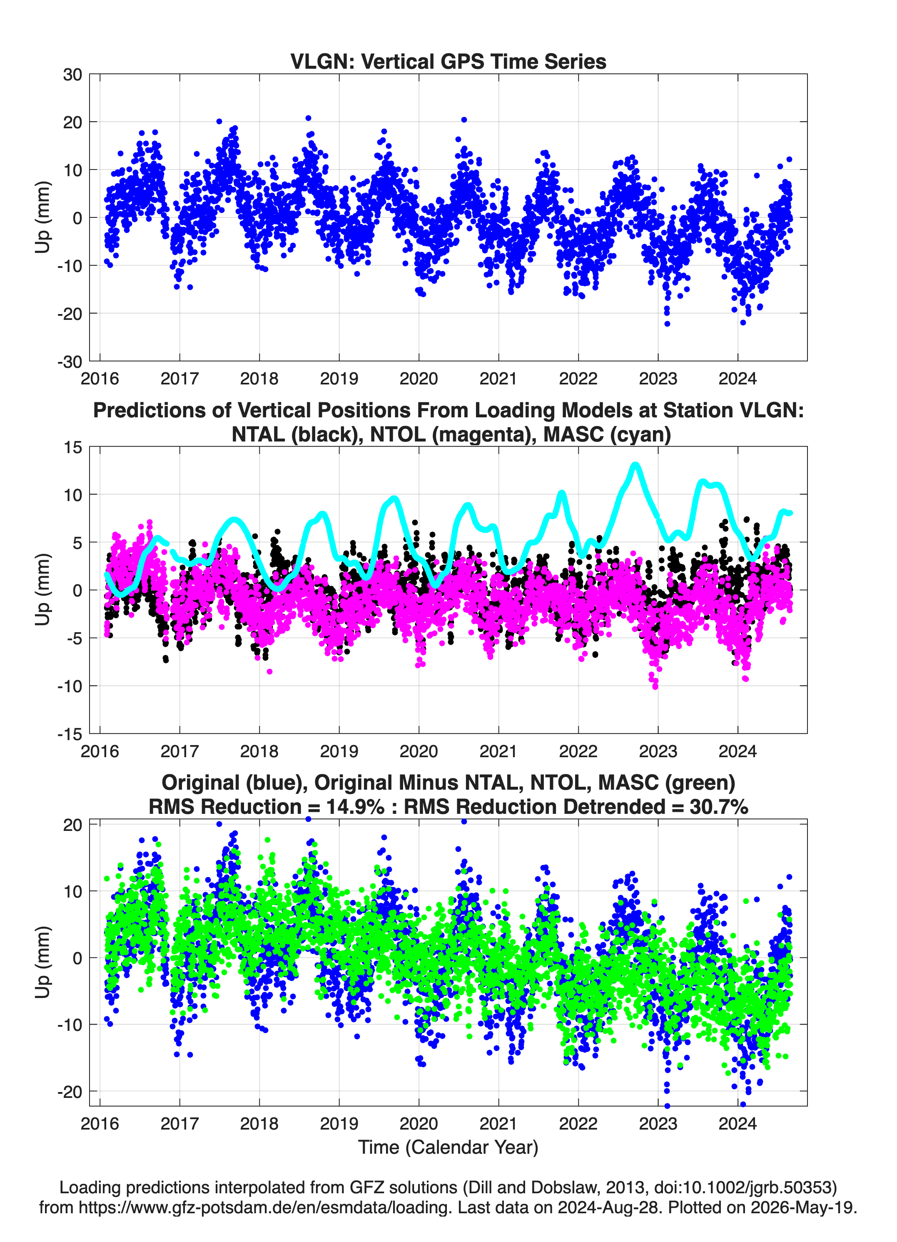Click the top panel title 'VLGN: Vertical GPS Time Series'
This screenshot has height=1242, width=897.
tap(448, 61)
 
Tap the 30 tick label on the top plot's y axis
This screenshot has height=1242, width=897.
tap(72, 75)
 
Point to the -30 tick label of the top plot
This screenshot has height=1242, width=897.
tap(70, 362)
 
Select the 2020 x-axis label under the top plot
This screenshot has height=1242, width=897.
tap(419, 379)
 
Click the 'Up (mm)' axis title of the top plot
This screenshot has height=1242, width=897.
tap(43, 217)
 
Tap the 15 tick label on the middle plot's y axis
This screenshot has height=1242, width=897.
tap(73, 447)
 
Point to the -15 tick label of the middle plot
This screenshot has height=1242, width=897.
tap(70, 734)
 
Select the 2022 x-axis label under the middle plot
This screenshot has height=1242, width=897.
tap(578, 751)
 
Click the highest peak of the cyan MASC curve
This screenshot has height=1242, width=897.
tap(635, 465)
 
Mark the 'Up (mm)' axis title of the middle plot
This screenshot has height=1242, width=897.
tap(43, 590)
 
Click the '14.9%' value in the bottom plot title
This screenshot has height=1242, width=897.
tap(355, 807)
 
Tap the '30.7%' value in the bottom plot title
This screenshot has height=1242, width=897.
tap(719, 807)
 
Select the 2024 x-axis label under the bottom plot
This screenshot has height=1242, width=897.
tap(738, 1124)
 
